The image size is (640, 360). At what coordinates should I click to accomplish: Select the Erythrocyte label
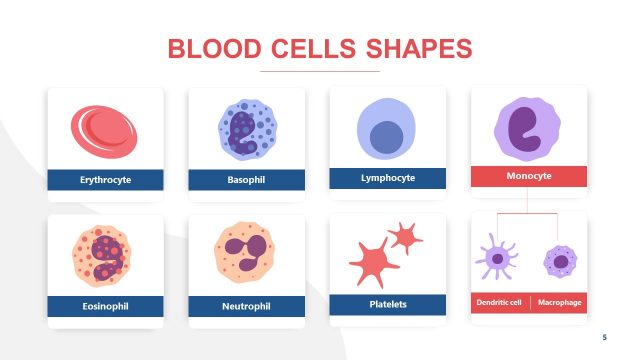click(x=105, y=181)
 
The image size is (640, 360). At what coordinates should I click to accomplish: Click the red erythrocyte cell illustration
click(x=104, y=134)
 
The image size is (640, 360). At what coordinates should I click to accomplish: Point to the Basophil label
click(x=246, y=181)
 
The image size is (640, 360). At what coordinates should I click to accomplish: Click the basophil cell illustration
click(x=246, y=130)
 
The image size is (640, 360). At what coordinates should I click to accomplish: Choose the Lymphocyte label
click(x=387, y=178)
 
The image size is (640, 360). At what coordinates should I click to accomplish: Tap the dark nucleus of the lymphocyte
click(x=387, y=137)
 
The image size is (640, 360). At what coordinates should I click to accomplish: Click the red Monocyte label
click(x=529, y=176)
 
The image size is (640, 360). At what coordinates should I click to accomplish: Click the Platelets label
click(x=387, y=303)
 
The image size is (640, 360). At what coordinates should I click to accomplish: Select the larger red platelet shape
click(x=371, y=263)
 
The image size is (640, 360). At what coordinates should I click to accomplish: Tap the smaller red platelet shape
click(x=405, y=237)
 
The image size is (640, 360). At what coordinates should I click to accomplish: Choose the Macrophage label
click(x=559, y=302)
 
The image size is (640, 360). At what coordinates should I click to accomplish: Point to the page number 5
click(x=604, y=337)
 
